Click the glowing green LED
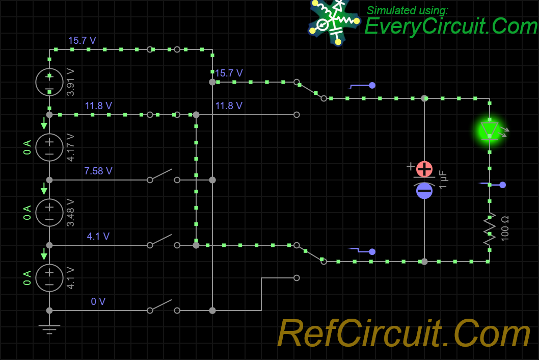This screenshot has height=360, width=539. [x=490, y=131]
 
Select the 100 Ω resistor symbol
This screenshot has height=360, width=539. [x=490, y=229]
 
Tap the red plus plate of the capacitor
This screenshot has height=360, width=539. [x=424, y=169]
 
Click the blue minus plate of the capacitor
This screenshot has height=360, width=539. [x=424, y=191]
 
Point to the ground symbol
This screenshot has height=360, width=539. [x=49, y=329]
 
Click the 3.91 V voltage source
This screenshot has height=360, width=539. [x=49, y=82]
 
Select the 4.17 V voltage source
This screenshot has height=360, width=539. [x=49, y=147]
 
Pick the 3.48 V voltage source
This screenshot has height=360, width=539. [x=49, y=213]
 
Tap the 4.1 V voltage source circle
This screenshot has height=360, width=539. [x=49, y=278]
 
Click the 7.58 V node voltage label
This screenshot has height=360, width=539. [x=98, y=171]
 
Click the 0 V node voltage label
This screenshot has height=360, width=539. [x=98, y=301]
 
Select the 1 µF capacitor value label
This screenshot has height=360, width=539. [x=443, y=179]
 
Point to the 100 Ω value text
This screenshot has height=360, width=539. [x=505, y=229]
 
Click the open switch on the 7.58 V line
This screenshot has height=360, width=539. [x=164, y=175]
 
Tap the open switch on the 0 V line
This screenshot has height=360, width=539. [x=164, y=306]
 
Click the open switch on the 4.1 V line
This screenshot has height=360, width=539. [x=164, y=241]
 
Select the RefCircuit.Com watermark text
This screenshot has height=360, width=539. [x=404, y=333]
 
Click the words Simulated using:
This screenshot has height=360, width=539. [x=408, y=10]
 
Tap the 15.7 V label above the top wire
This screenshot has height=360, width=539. [x=82, y=41]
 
